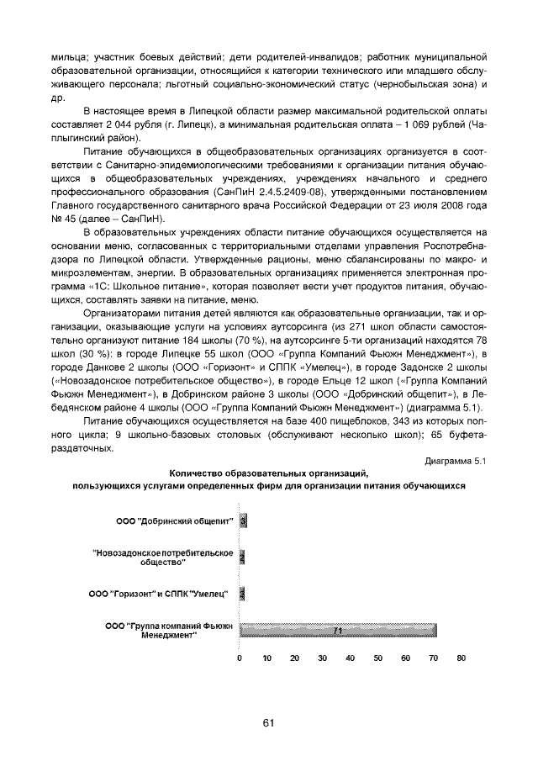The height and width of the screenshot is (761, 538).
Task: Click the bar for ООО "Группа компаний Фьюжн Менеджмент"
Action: (x=336, y=630)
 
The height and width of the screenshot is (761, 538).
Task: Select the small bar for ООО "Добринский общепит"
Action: (x=243, y=521)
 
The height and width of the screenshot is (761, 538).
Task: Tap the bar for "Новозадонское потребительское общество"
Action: (x=242, y=557)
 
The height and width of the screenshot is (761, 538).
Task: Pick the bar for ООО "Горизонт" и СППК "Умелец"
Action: (x=242, y=594)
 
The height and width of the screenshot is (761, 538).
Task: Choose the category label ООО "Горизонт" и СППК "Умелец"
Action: (x=159, y=595)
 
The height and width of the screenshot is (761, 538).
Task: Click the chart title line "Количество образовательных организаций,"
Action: (x=269, y=473)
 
